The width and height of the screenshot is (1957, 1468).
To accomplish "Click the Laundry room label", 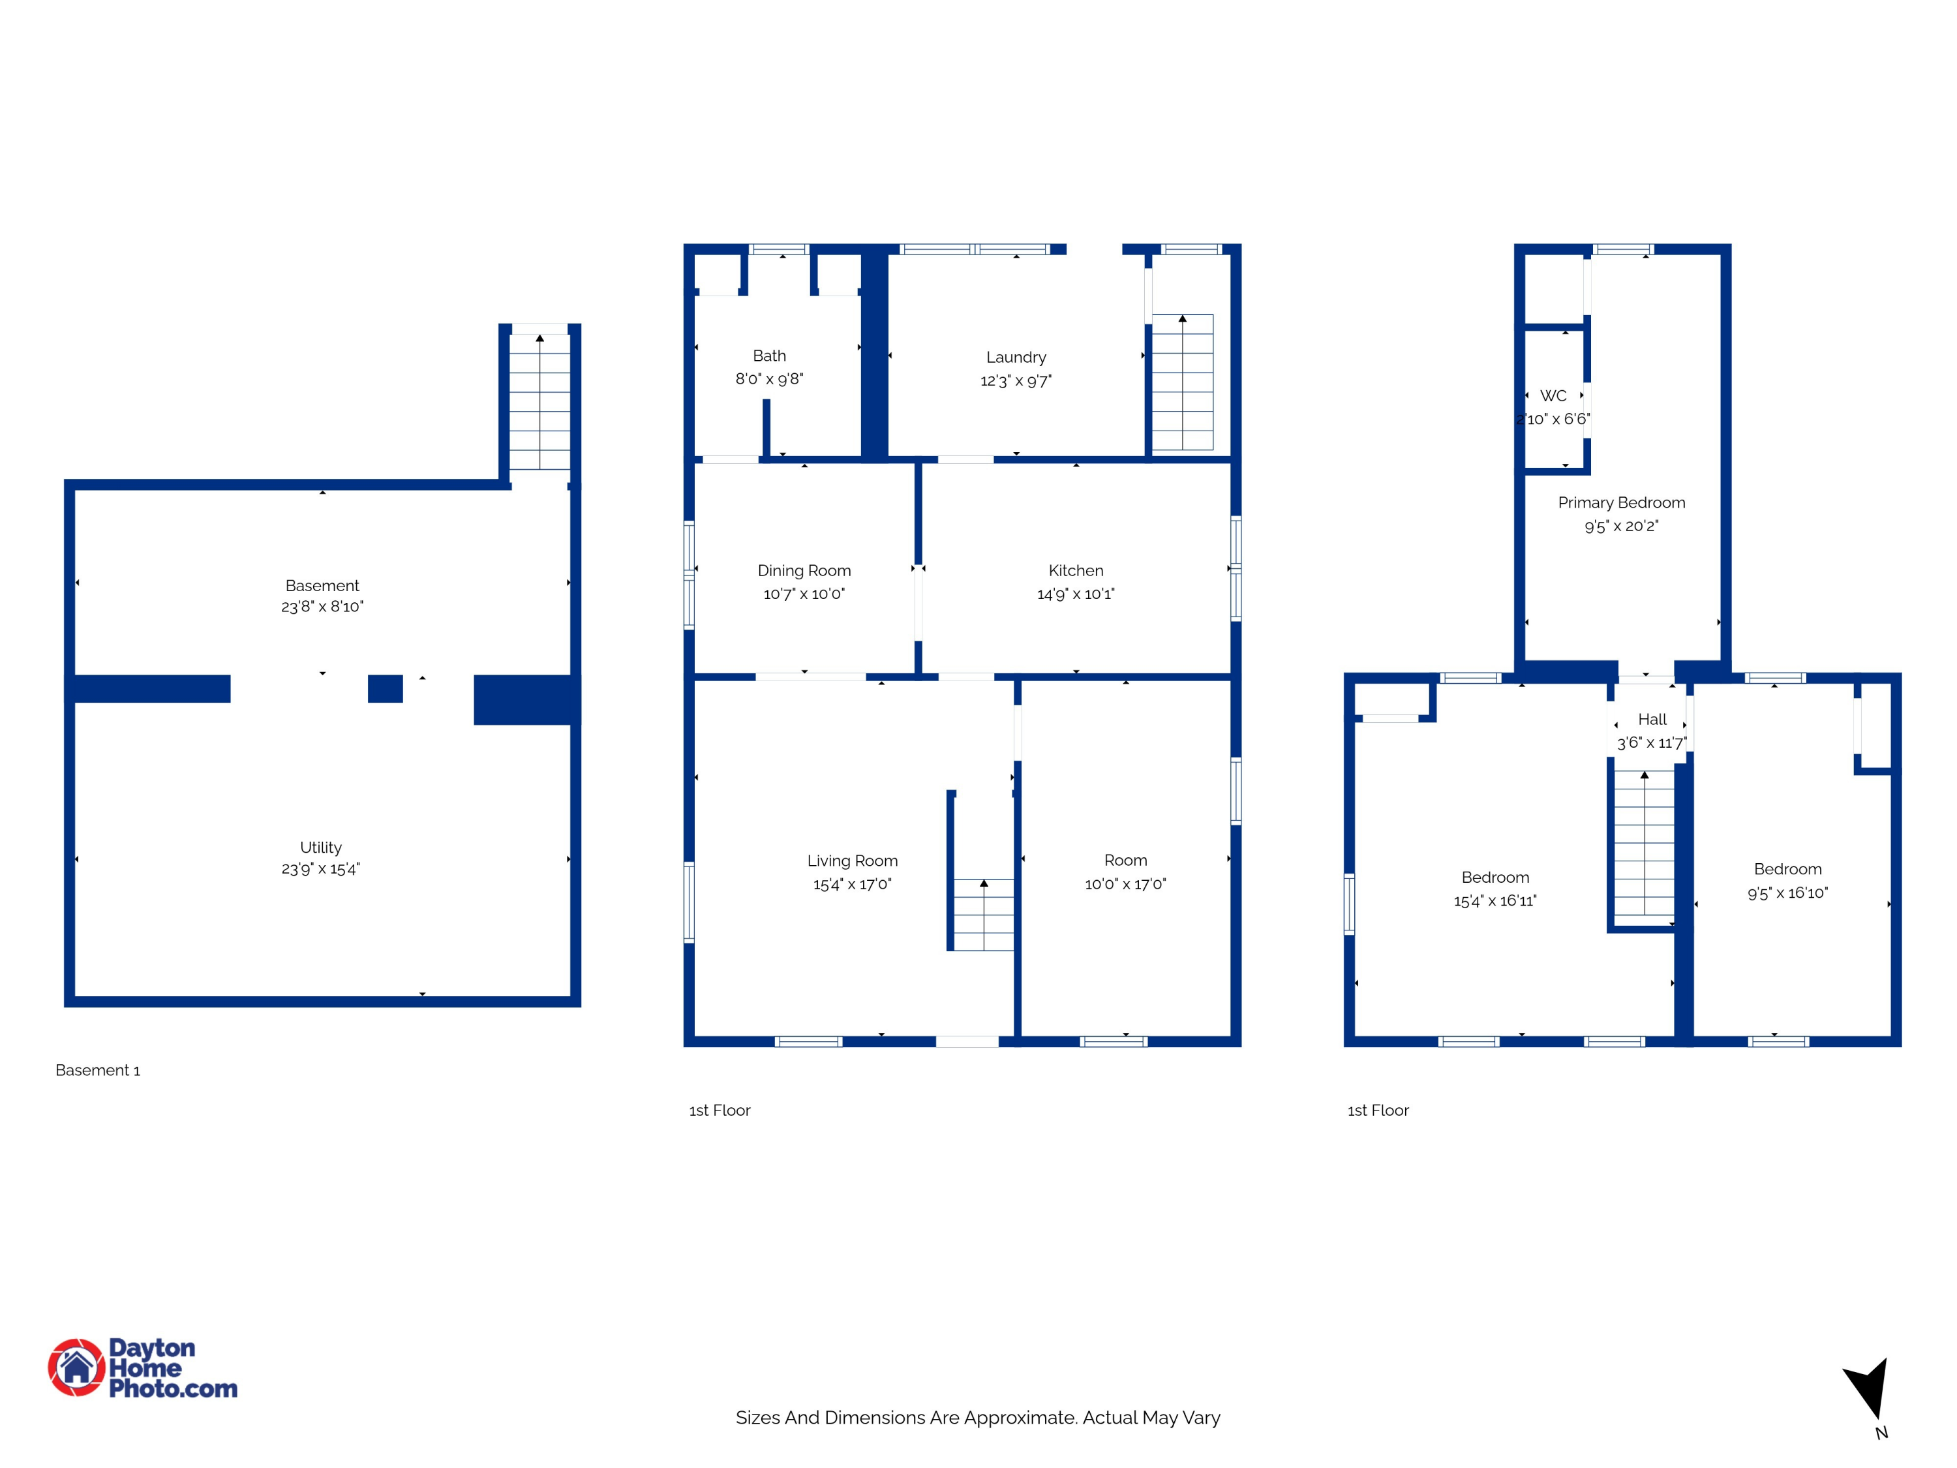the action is tap(1016, 358).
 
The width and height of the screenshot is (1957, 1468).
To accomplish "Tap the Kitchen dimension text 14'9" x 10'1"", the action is tap(1076, 594).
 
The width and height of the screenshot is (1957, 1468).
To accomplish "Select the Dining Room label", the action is tap(804, 571).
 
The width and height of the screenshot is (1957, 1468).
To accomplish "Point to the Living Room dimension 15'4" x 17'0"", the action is tap(852, 884).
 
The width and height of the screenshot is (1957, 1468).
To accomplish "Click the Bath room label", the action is tap(769, 356).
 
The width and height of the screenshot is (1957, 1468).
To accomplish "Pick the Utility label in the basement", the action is tap(320, 848).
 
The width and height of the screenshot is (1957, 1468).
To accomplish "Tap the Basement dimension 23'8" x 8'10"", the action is tap(322, 606).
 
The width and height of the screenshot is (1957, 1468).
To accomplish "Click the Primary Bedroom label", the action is tap(1622, 502).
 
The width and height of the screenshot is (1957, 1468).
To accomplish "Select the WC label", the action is tap(1554, 395).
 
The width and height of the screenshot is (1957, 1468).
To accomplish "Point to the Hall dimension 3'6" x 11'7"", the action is tap(1652, 742).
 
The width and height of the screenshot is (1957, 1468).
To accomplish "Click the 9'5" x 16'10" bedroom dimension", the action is tap(1787, 893).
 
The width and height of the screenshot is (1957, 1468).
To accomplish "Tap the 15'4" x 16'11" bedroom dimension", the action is tap(1495, 901).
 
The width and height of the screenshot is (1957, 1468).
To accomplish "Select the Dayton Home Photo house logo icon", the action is tap(77, 1367).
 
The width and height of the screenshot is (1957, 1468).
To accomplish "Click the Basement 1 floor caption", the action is tap(97, 1070).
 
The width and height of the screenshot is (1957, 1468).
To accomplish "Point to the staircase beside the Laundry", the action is tap(1183, 382).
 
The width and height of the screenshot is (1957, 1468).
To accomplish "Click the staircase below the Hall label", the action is tap(1645, 842).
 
